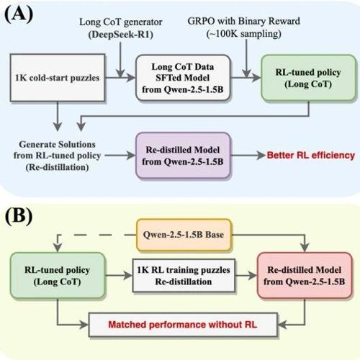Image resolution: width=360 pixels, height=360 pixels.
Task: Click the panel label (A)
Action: [x=19, y=14]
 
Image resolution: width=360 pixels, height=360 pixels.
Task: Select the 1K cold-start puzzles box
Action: [x=58, y=78]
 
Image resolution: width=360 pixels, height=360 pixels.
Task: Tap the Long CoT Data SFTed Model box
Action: [x=183, y=78]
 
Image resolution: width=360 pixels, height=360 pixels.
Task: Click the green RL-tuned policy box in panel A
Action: [x=308, y=78]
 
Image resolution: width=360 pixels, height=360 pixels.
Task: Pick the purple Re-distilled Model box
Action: [x=183, y=156]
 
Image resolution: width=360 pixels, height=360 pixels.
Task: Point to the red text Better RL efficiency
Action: [x=311, y=156]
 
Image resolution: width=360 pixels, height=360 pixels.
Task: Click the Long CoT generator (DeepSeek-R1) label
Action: [x=121, y=28]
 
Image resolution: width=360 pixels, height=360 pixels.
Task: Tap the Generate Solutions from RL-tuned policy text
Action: [x=57, y=156]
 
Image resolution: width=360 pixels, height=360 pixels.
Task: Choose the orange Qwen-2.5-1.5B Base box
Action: [x=184, y=235]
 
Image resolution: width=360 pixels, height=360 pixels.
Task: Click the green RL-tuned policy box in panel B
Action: [x=58, y=276]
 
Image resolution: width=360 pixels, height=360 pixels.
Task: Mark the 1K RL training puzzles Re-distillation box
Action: [x=184, y=276]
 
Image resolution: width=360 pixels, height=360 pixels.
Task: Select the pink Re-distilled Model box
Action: [x=305, y=276]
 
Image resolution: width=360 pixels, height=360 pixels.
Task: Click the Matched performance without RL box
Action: [x=183, y=325]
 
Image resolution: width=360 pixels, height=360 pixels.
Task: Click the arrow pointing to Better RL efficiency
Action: [x=248, y=156]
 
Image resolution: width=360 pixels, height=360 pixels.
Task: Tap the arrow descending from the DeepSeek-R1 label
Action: [x=120, y=60]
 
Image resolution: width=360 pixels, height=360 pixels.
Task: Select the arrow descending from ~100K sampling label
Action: [x=246, y=58]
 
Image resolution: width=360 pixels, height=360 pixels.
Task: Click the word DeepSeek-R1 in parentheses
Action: [x=121, y=35]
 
